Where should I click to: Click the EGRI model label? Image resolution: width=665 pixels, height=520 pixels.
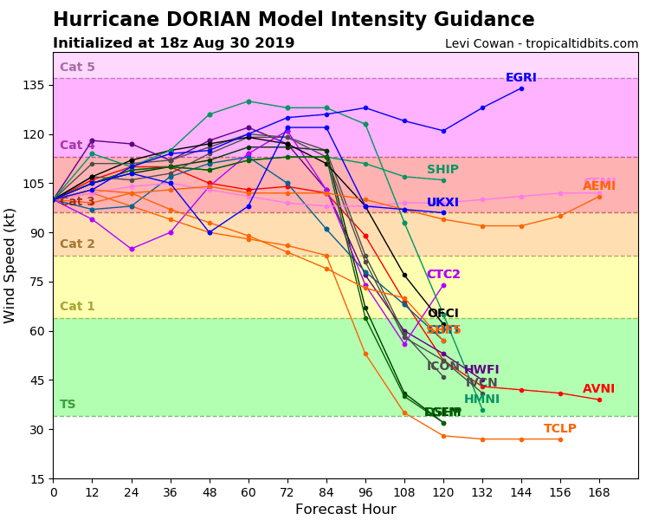coord(520,78)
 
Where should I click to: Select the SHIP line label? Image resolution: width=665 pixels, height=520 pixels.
coord(442,170)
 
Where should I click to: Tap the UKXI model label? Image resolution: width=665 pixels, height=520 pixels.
coord(442,203)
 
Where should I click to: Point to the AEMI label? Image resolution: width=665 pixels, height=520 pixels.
coord(599,186)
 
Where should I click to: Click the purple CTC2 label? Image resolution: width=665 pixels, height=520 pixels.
coord(443,275)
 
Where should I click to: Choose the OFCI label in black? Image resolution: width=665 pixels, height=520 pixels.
coord(442,314)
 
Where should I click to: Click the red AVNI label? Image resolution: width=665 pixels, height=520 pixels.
coord(598,389)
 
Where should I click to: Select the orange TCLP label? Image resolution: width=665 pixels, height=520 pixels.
coord(559,429)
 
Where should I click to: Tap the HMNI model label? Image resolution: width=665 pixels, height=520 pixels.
coord(481,400)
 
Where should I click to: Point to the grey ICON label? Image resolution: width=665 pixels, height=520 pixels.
coord(442,367)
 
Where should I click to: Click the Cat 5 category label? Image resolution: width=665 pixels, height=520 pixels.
coord(77,68)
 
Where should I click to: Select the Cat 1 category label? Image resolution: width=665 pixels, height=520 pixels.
coord(77,307)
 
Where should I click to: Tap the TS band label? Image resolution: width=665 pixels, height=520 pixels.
coord(68,405)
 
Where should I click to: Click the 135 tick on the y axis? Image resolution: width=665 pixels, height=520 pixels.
coord(35,85)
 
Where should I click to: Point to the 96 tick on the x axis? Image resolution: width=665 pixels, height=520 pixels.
coord(365,492)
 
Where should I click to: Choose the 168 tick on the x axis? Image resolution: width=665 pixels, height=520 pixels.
coord(599,492)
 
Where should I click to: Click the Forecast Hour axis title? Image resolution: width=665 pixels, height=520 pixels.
coord(345,510)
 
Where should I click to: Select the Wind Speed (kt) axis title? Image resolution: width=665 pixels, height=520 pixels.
coord(10,265)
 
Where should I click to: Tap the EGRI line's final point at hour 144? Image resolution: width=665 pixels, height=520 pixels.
coord(521,88)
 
